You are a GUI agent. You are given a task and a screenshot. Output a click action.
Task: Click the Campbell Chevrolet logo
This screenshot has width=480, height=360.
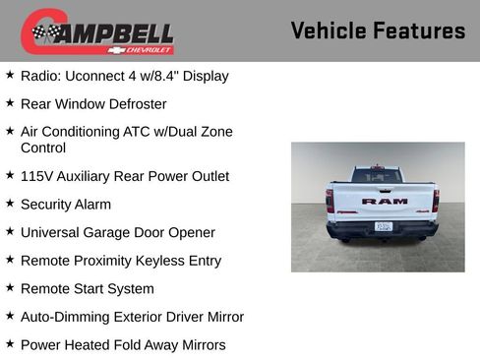click(x=97, y=31)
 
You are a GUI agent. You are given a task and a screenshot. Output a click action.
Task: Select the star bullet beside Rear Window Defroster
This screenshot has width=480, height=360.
click(x=10, y=102)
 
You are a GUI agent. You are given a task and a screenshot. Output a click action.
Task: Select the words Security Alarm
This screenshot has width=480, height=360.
click(x=65, y=205)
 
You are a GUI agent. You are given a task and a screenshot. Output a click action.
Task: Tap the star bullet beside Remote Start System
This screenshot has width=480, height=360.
click(x=10, y=288)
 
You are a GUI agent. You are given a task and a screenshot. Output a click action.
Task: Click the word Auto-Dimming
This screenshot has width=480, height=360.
click(x=62, y=317)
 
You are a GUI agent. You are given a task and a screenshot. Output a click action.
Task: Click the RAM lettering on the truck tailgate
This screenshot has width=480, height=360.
click(x=384, y=201)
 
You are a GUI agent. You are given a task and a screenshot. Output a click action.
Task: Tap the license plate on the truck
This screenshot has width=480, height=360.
click(x=384, y=225)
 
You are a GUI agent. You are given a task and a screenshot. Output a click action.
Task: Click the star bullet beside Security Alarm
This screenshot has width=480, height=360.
click(x=10, y=204)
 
